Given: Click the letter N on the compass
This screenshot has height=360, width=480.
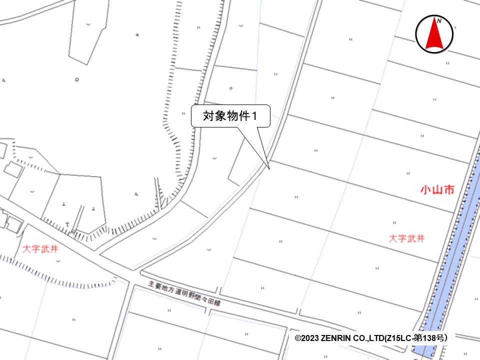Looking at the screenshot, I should (x=438, y=21).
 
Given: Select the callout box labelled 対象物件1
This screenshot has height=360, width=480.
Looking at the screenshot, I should (x=230, y=116).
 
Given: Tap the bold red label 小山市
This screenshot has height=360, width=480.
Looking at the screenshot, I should (x=436, y=189).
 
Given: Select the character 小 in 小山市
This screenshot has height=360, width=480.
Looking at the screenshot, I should (x=425, y=189).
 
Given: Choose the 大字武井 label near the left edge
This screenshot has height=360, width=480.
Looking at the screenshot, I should (x=39, y=248).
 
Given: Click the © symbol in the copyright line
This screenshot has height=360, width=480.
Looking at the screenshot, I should (x=297, y=338).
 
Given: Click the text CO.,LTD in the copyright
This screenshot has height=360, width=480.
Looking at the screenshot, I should (x=370, y=338).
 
